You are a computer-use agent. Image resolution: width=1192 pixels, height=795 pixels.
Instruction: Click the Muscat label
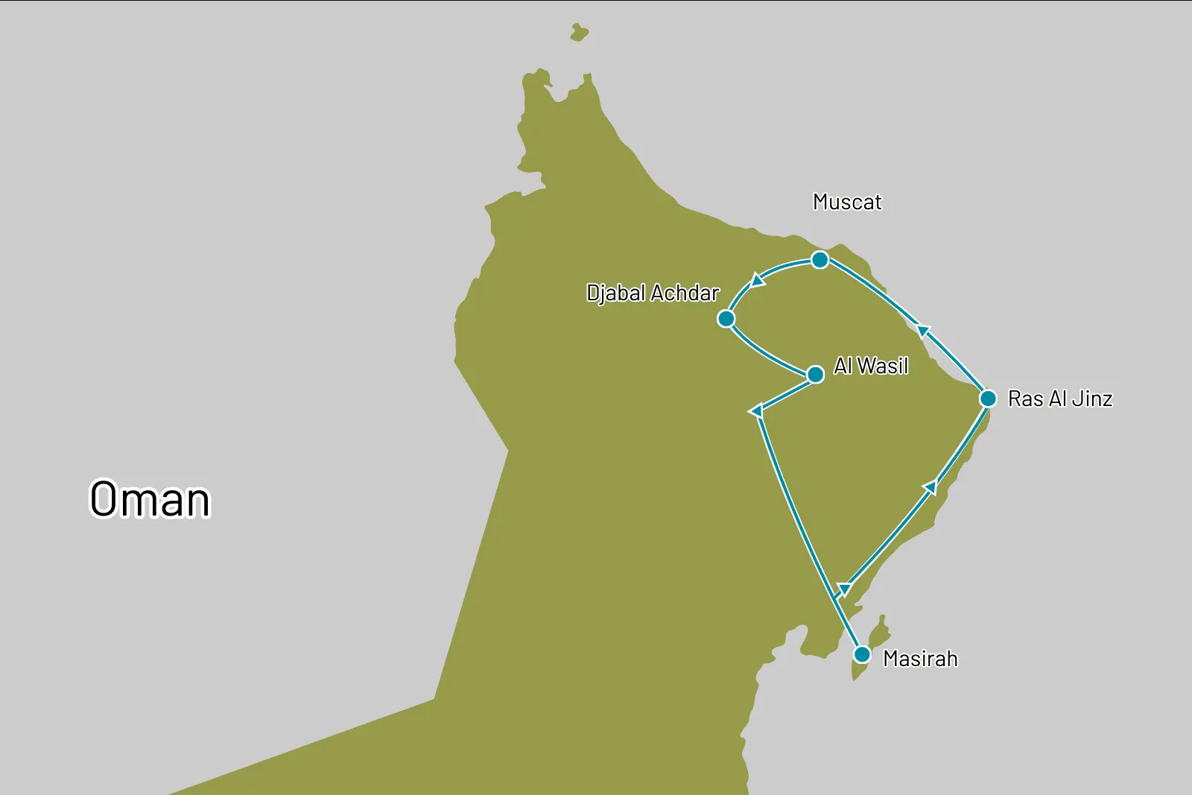tap(847, 202)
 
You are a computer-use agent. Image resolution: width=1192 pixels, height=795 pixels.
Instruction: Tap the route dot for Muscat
tap(819, 260)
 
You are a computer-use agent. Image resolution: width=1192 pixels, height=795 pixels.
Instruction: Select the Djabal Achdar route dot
tap(726, 319)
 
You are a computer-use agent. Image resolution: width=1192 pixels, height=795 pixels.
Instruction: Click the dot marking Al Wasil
tap(816, 374)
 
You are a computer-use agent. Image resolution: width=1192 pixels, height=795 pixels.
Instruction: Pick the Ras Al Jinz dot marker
tap(988, 399)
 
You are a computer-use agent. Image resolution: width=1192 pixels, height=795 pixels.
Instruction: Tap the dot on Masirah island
tap(862, 655)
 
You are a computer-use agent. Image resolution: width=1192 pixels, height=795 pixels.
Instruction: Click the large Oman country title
tap(150, 499)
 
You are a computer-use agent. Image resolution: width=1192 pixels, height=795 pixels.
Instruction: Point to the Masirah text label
tap(920, 659)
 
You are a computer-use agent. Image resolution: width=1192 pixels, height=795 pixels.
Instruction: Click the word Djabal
tap(615, 294)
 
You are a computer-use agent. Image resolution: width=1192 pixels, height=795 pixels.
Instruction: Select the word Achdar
tap(685, 294)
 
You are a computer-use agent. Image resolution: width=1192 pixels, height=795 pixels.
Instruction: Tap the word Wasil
tap(883, 366)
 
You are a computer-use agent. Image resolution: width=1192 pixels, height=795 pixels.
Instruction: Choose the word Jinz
tap(1092, 399)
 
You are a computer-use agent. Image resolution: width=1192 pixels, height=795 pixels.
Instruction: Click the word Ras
tap(1025, 399)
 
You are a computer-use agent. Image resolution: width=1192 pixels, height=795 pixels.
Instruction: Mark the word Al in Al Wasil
tap(843, 366)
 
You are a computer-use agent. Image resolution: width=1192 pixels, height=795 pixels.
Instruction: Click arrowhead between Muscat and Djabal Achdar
tap(758, 280)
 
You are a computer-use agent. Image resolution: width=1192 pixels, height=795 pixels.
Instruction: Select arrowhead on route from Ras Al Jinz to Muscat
tap(924, 330)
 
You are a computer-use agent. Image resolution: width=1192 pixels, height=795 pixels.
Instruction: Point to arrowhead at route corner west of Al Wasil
tap(756, 411)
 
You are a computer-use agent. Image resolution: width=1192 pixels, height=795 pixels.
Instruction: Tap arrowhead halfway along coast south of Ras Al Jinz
tap(930, 487)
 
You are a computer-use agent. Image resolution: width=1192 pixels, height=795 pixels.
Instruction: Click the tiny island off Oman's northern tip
tap(579, 33)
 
